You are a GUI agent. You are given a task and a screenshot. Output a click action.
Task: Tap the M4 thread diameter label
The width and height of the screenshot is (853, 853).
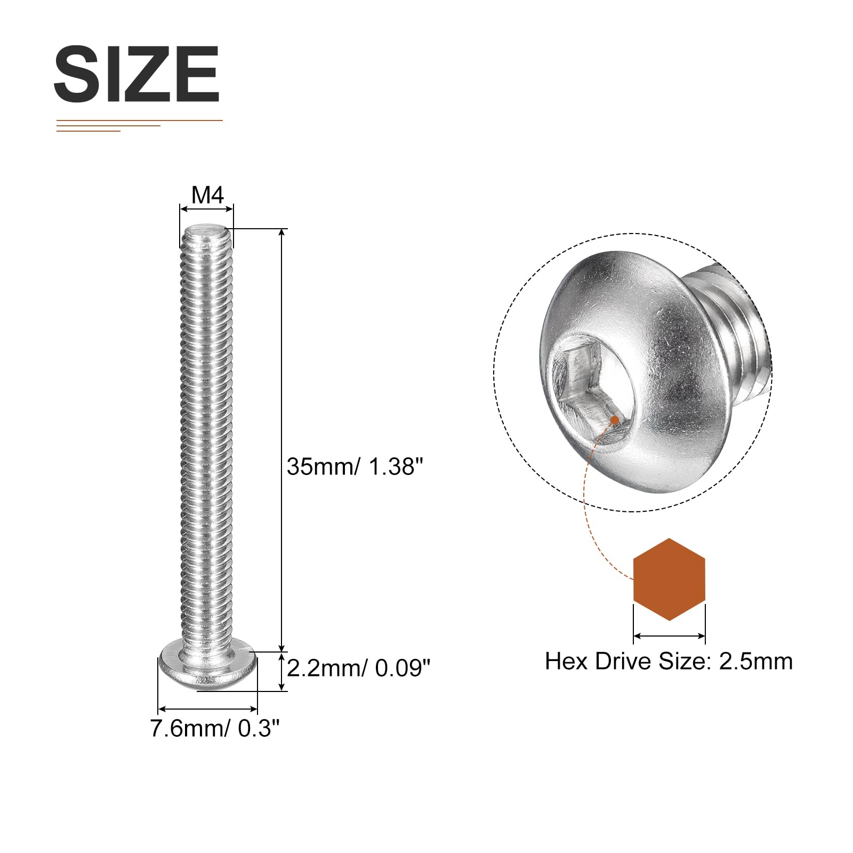pyautogui.click(x=207, y=195)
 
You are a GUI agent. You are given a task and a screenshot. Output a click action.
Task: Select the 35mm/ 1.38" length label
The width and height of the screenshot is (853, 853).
pyautogui.click(x=355, y=466)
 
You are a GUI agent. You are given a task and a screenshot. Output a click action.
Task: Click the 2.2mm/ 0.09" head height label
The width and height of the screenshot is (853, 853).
pyautogui.click(x=358, y=668)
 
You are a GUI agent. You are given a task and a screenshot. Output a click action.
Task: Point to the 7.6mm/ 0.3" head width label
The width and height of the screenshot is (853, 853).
pyautogui.click(x=215, y=728)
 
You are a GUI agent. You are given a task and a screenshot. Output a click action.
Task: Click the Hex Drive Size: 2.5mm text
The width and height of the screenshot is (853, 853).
pyautogui.click(x=669, y=662)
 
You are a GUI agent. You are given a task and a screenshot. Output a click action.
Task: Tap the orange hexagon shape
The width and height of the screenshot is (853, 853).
pyautogui.click(x=669, y=580)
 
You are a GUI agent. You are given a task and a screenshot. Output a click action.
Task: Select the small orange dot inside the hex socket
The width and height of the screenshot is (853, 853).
pyautogui.click(x=615, y=420)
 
